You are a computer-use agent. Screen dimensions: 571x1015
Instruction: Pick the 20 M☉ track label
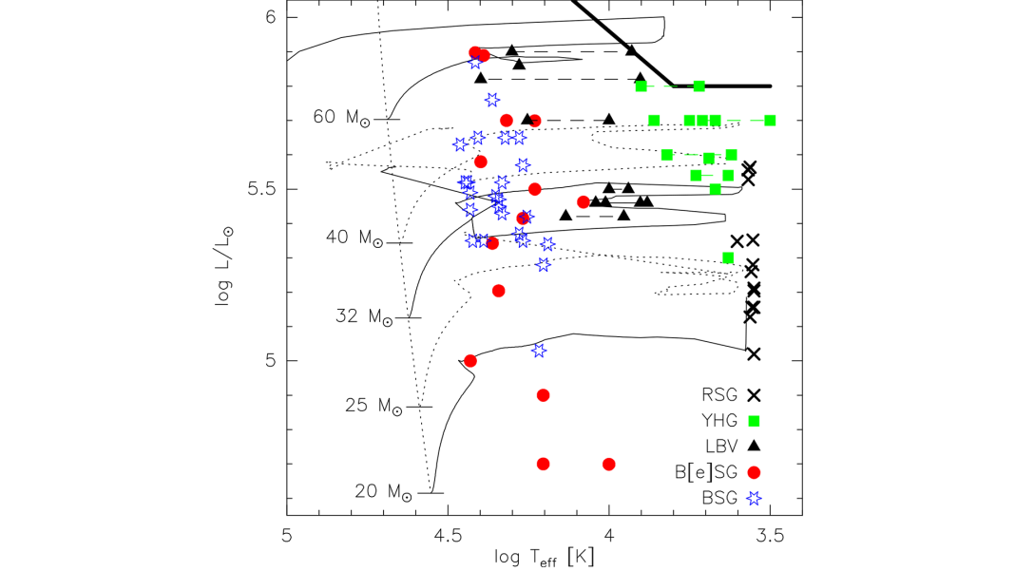pos(383,492)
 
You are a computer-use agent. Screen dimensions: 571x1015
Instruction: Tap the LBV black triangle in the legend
pos(755,446)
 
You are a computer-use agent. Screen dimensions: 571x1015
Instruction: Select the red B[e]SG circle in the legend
pos(755,471)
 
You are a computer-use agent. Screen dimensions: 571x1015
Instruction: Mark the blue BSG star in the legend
pos(755,497)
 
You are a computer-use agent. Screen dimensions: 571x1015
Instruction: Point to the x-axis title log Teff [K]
pos(545,557)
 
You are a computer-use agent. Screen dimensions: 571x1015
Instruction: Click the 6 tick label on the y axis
pos(269,17)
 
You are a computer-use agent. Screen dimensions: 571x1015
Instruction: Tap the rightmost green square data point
pos(770,121)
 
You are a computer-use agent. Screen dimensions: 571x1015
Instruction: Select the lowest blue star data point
pos(539,351)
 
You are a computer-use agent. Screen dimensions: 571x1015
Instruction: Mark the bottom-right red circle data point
pos(609,464)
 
